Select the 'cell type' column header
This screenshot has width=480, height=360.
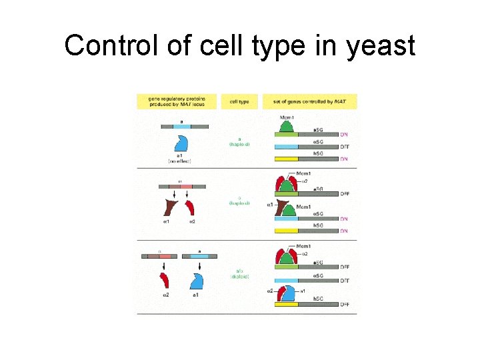(239, 102)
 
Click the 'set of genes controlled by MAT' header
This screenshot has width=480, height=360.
(310, 102)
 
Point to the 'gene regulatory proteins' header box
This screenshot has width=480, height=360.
(177, 102)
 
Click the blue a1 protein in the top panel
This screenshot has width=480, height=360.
(181, 143)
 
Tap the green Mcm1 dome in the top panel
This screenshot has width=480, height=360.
(287, 125)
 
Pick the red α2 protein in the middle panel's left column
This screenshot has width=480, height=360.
(190, 206)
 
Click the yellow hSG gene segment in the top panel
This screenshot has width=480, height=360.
(287, 159)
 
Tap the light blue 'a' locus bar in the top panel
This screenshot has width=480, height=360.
(182, 126)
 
